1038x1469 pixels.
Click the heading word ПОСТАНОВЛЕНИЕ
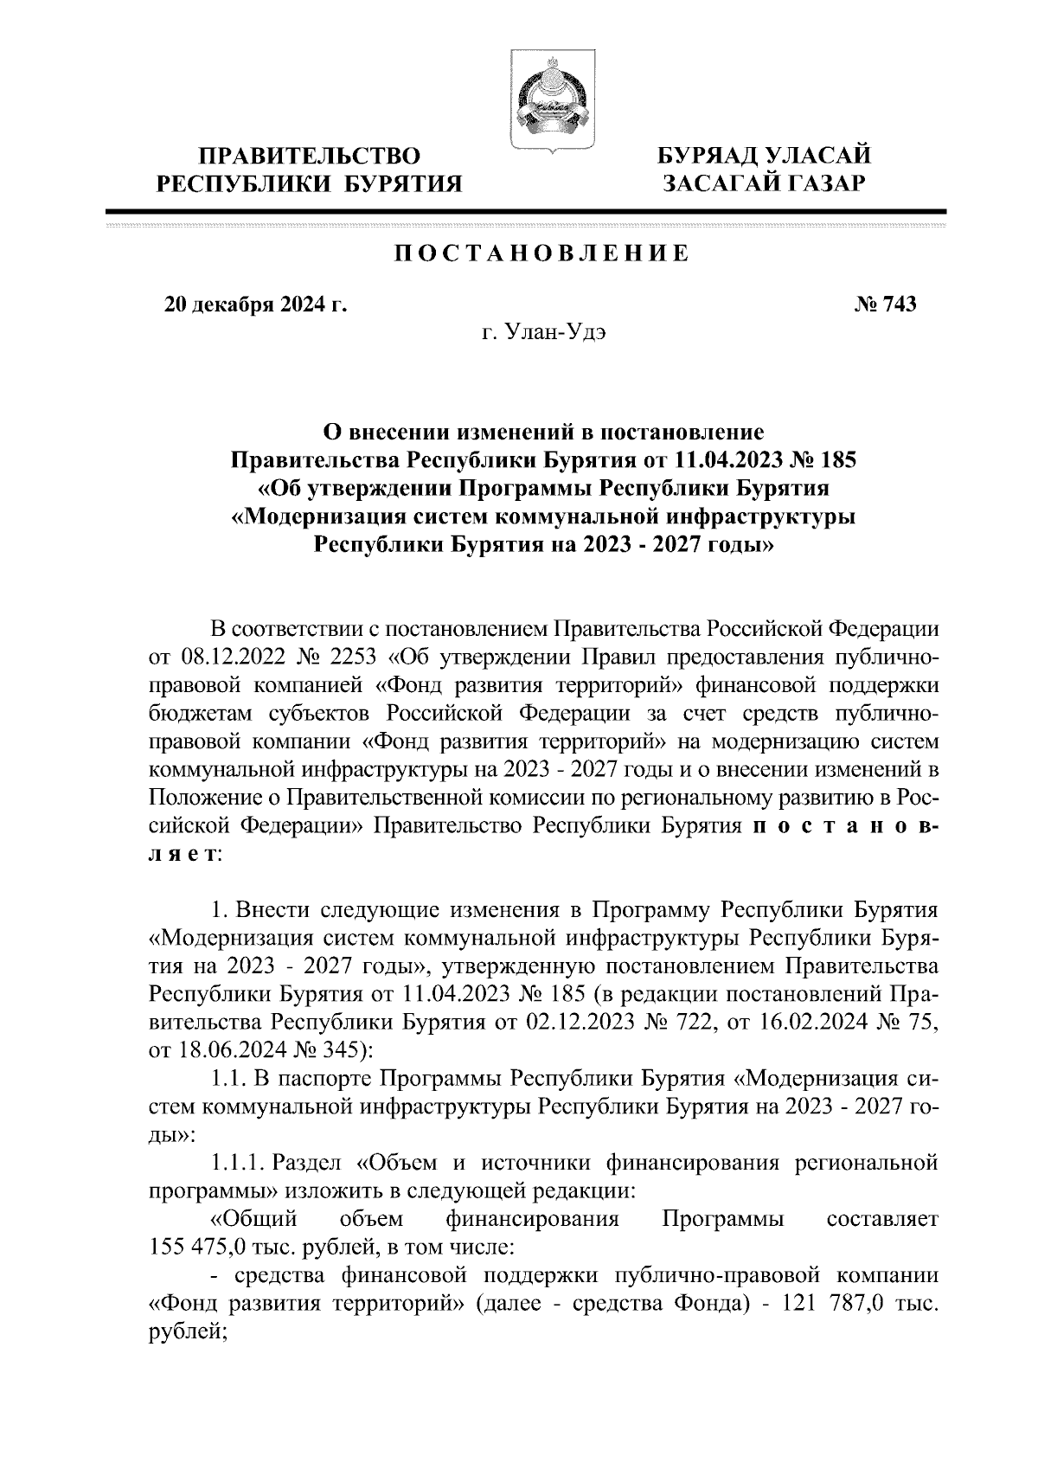tap(542, 253)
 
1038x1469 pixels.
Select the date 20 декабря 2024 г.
tap(255, 305)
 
